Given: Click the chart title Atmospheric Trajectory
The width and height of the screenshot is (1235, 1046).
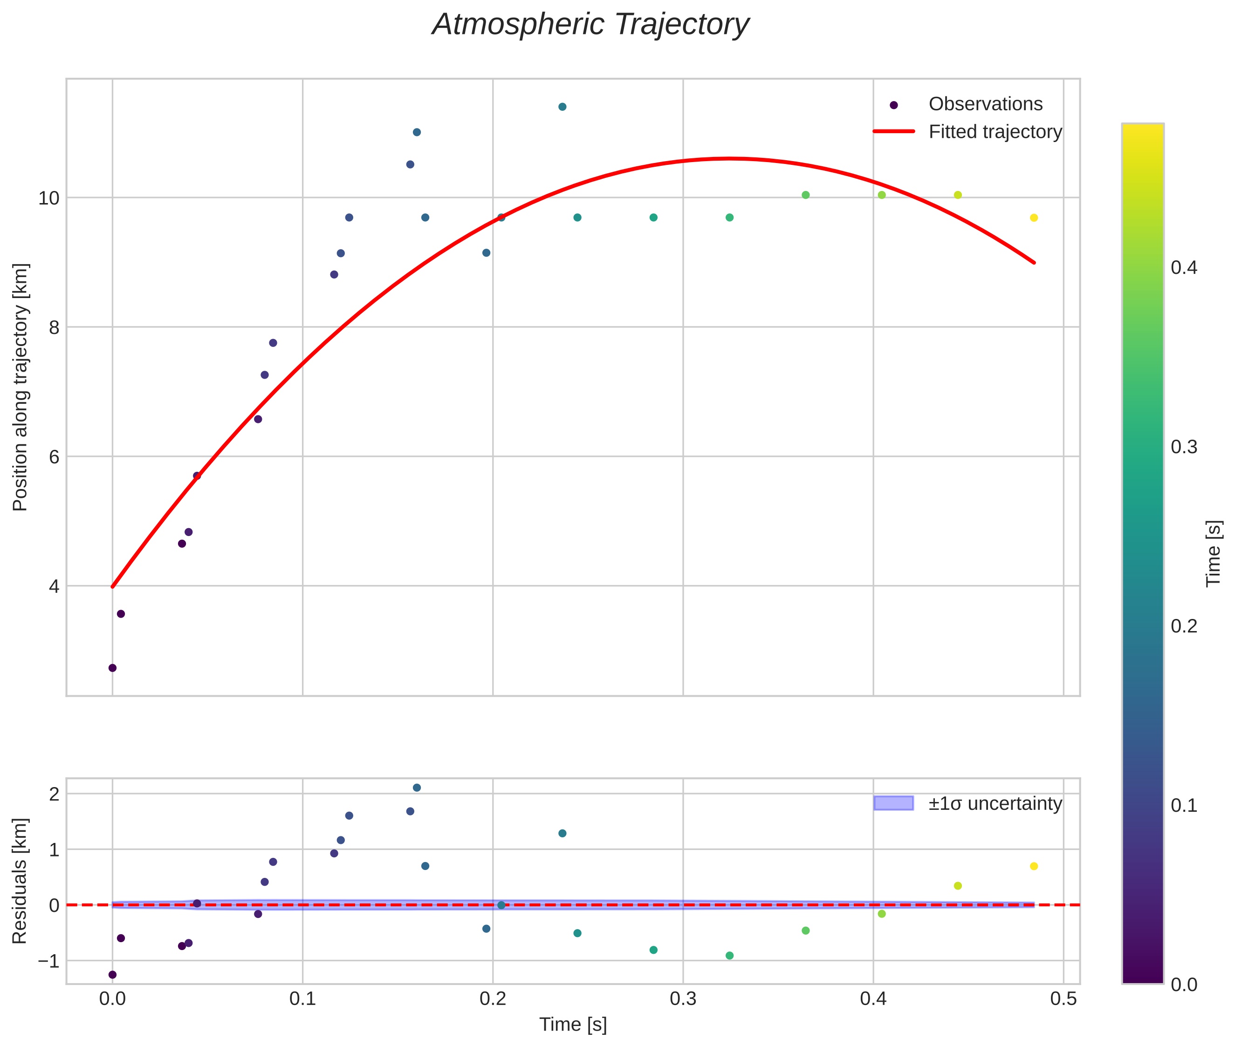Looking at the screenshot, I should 590,25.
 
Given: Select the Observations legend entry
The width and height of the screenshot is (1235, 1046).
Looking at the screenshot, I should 985,104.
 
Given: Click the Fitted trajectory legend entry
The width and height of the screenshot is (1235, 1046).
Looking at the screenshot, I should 995,132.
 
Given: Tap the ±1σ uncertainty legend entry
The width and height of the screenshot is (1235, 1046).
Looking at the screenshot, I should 995,804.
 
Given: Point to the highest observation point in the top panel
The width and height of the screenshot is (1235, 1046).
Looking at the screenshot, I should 562,107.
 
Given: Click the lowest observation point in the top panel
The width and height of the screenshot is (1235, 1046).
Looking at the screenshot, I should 112,668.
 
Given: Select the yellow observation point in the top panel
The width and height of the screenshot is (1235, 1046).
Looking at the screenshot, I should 1034,217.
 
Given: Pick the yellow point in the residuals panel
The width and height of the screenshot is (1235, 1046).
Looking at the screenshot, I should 1034,866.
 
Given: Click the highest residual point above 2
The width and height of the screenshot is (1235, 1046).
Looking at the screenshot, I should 417,788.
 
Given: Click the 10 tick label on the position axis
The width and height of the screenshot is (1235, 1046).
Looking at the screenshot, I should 49,198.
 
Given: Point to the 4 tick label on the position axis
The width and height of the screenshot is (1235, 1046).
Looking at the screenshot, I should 54,586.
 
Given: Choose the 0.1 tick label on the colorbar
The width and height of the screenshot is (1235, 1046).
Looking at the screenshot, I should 1184,806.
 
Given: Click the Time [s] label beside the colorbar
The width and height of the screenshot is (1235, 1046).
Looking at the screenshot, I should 1214,553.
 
